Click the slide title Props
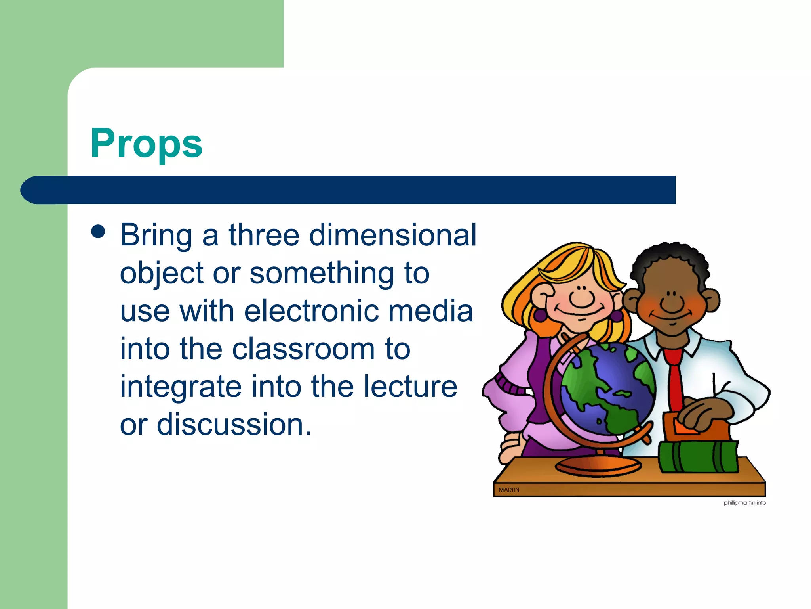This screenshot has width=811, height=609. click(x=146, y=144)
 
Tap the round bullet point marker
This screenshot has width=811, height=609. click(x=98, y=232)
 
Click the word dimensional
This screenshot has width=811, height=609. click(x=392, y=235)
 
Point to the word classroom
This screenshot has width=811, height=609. click(x=303, y=349)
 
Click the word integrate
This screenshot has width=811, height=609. click(x=181, y=387)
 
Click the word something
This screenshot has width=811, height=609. click(x=322, y=273)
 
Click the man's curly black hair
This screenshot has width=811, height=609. click(x=669, y=258)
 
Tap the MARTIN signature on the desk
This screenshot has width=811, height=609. click(x=509, y=490)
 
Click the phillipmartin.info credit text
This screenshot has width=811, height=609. click(x=744, y=503)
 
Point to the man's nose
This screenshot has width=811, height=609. click(x=672, y=303)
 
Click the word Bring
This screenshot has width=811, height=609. click(x=156, y=236)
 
